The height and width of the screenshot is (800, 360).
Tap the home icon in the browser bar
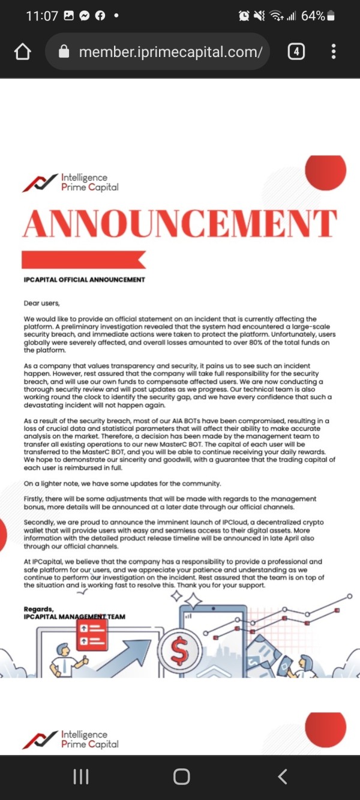click(22, 52)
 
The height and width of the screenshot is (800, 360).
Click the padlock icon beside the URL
click(64, 52)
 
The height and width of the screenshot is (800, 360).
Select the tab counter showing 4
click(296, 52)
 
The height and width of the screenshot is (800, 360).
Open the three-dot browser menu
click(334, 52)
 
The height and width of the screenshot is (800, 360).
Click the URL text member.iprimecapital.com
click(170, 52)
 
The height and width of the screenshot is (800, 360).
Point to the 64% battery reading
click(313, 16)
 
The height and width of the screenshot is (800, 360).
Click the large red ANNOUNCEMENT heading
click(179, 224)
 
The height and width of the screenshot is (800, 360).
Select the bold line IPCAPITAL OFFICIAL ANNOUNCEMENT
click(84, 280)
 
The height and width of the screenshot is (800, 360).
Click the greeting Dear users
click(42, 304)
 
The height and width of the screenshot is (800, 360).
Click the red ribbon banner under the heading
click(83, 259)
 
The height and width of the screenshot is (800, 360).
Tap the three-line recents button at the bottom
click(80, 777)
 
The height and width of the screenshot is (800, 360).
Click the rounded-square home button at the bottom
click(181, 777)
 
